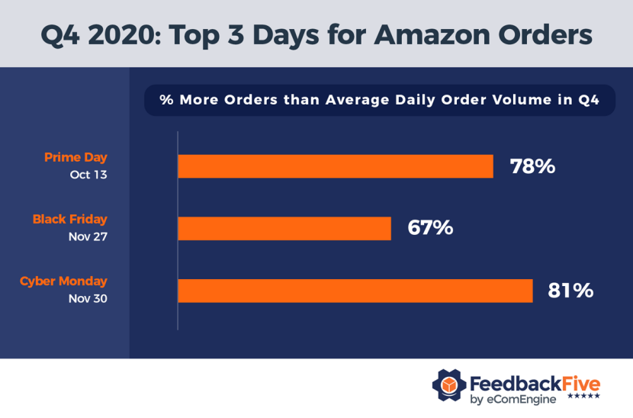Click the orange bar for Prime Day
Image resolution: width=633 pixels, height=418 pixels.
(336, 166)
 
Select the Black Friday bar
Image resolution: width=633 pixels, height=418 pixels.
(284, 228)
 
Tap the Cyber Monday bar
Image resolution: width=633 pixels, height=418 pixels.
(355, 291)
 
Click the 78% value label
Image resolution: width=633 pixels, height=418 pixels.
(533, 166)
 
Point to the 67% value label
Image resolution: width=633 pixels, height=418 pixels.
(431, 228)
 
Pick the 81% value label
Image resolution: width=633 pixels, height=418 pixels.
(570, 291)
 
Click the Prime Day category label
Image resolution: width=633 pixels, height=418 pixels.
(76, 158)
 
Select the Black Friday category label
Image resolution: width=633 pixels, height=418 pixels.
(69, 220)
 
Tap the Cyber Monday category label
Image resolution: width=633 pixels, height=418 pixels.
(63, 281)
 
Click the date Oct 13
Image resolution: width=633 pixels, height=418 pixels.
(88, 175)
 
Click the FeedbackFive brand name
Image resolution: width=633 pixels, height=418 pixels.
(535, 381)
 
